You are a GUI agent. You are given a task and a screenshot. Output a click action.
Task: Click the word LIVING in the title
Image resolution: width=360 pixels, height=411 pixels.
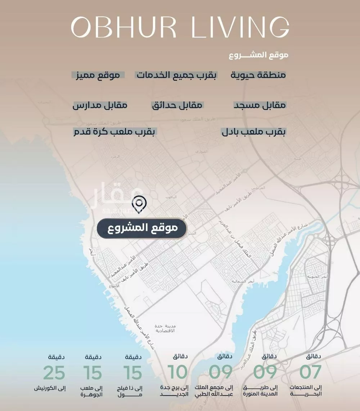pyautogui.click(x=240, y=27)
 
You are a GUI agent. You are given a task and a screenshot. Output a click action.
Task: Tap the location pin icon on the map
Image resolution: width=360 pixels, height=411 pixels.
pyautogui.click(x=139, y=204)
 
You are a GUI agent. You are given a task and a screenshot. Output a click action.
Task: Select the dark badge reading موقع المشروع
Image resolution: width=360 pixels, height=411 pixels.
pyautogui.click(x=141, y=228)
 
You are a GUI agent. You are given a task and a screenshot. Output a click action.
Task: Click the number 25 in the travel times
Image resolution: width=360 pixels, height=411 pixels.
pyautogui.click(x=54, y=373)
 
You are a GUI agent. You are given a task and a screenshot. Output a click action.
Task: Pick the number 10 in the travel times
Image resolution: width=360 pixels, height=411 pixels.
pyautogui.click(x=178, y=373)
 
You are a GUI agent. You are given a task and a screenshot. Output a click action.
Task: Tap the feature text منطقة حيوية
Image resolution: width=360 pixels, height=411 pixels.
pyautogui.click(x=258, y=75)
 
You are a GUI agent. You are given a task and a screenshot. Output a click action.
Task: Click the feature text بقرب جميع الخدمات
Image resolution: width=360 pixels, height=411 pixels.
pyautogui.click(x=176, y=75)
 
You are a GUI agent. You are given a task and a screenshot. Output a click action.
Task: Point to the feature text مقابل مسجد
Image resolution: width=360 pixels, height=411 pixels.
pyautogui.click(x=260, y=105)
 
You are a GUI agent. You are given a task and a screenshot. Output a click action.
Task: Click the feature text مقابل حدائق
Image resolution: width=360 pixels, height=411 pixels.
pyautogui.click(x=177, y=105)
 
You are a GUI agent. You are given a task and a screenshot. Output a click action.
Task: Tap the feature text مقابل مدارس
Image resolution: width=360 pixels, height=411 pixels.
pyautogui.click(x=100, y=105)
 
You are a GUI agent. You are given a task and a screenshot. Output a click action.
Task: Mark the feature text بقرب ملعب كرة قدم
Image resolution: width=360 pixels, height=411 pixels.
pyautogui.click(x=114, y=132)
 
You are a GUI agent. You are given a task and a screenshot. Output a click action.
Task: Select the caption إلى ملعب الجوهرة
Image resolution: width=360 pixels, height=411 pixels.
pyautogui.click(x=93, y=391)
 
